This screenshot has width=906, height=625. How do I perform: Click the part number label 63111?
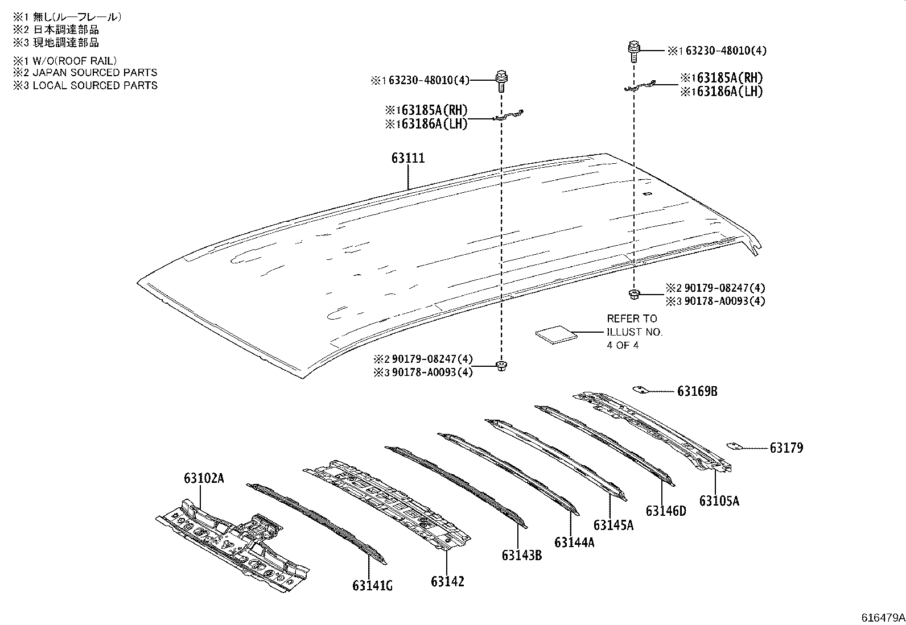click(407, 158)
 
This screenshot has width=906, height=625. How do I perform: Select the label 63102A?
click(204, 478)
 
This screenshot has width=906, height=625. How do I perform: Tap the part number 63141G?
click(372, 586)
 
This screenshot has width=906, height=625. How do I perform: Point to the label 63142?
click(447, 581)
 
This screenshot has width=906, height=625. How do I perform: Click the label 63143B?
click(521, 554)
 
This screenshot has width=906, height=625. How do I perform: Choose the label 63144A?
click(574, 543)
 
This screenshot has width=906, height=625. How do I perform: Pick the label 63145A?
click(613, 524)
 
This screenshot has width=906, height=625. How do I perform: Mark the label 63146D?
click(666, 511)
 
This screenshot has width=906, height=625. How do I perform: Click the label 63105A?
click(719, 500)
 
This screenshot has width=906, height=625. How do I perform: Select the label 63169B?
click(697, 391)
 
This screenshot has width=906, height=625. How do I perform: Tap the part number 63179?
click(786, 448)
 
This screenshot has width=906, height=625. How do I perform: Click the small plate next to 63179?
click(735, 446)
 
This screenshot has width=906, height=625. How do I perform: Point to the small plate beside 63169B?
click(640, 390)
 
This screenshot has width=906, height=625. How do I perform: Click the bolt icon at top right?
click(633, 51)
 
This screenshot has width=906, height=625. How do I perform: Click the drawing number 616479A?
click(883, 618)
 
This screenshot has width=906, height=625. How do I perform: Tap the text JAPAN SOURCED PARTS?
click(94, 73)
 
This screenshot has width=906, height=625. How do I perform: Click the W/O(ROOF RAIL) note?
click(75, 60)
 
